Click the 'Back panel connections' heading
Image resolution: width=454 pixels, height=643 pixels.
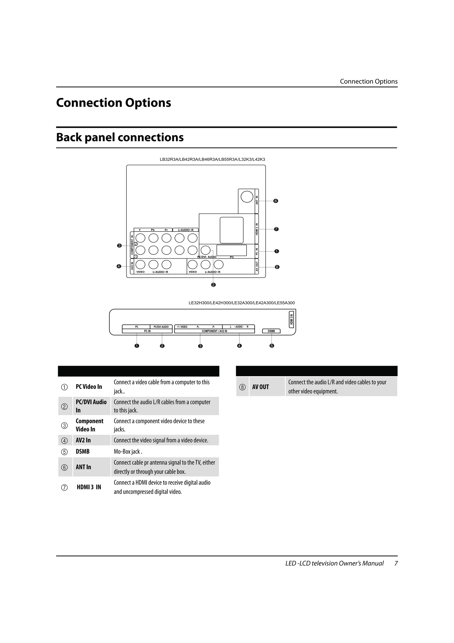point(120,137)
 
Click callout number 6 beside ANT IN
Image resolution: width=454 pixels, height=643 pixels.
point(276,201)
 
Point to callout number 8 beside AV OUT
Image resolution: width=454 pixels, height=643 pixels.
point(277,267)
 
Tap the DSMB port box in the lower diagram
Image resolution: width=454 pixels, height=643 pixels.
point(271,331)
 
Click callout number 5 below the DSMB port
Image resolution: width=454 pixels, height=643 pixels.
point(272,346)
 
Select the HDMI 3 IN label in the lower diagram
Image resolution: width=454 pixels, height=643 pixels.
point(292,319)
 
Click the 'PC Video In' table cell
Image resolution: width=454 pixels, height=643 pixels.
point(89,386)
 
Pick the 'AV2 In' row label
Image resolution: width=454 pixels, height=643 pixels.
point(83,440)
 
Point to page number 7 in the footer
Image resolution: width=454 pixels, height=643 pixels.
point(396,563)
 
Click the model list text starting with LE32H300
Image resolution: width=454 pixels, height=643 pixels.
point(241,303)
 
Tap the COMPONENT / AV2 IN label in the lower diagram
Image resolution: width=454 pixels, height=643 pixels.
point(214,331)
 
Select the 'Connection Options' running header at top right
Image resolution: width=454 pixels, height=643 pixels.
point(368,81)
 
